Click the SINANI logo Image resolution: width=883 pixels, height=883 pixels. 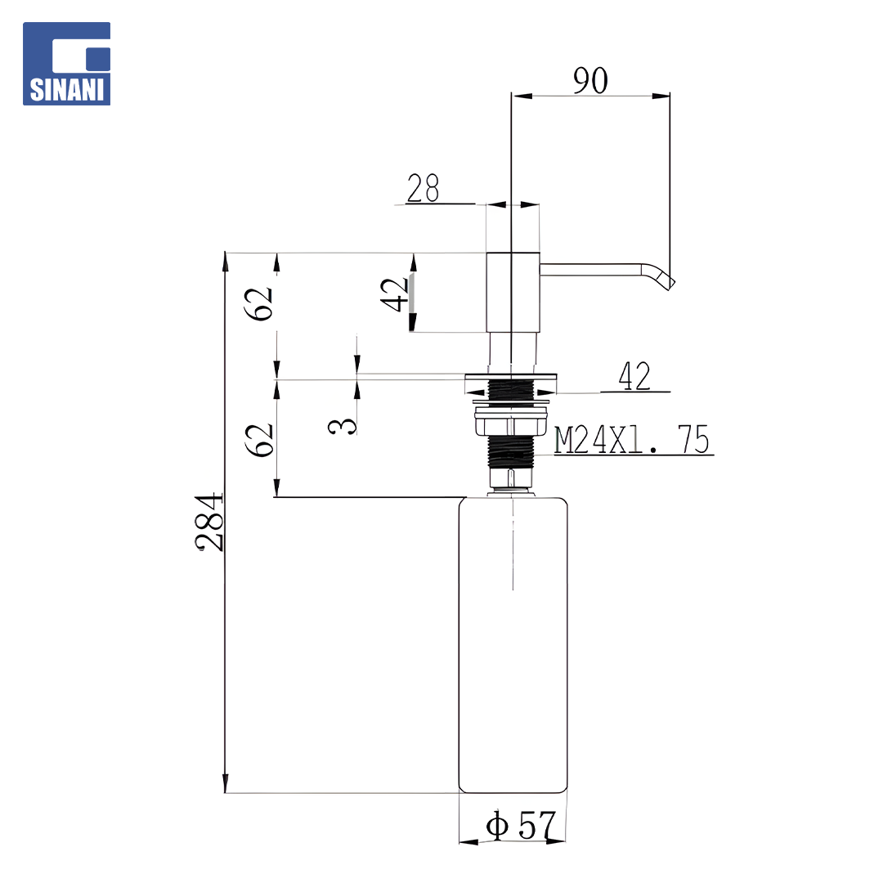66,64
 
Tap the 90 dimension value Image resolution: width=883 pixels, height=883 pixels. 591,80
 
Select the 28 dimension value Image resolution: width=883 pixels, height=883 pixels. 423,188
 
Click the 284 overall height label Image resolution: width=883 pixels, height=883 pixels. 209,522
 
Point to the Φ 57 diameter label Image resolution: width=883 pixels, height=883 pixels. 521,825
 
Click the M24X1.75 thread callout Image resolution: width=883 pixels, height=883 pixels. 632,439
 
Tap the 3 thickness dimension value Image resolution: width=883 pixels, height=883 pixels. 343,426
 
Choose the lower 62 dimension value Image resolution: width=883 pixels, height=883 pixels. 259,440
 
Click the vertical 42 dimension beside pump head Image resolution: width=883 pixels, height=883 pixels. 394,294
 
